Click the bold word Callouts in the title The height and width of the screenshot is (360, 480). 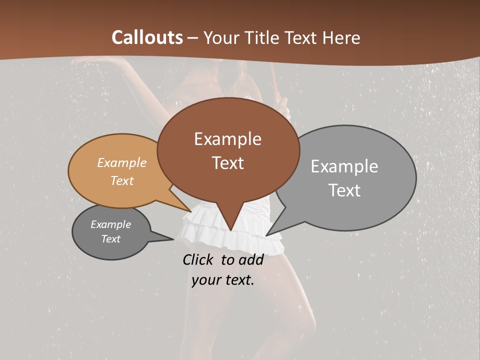click(x=147, y=37)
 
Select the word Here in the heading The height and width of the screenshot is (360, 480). click(x=342, y=37)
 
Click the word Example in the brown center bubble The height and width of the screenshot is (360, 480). click(x=227, y=139)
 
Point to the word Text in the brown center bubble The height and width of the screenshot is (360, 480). click(x=228, y=163)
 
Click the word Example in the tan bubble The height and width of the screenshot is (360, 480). click(x=122, y=162)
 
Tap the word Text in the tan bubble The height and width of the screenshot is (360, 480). click(x=122, y=180)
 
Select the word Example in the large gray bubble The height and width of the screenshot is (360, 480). click(x=344, y=166)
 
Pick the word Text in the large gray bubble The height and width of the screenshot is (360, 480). click(x=345, y=190)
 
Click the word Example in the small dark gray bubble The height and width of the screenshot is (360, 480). click(x=111, y=224)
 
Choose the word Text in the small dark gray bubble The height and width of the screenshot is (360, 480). click(x=111, y=239)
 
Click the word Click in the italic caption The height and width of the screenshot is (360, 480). click(x=199, y=259)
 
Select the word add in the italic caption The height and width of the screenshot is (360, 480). click(x=251, y=259)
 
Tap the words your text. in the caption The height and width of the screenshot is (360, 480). click(x=223, y=280)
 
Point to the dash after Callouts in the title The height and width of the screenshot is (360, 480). click(x=193, y=38)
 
